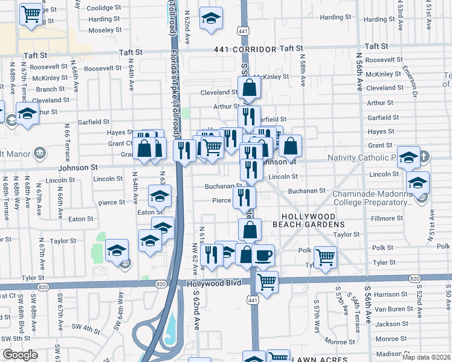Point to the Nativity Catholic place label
click(362, 157)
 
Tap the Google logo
click(20, 355)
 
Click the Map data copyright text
click(426, 357)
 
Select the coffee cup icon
click(263, 255)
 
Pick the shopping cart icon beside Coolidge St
click(31, 13)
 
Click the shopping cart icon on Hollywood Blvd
click(266, 281)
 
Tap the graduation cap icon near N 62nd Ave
click(211, 18)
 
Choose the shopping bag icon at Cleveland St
click(249, 88)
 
